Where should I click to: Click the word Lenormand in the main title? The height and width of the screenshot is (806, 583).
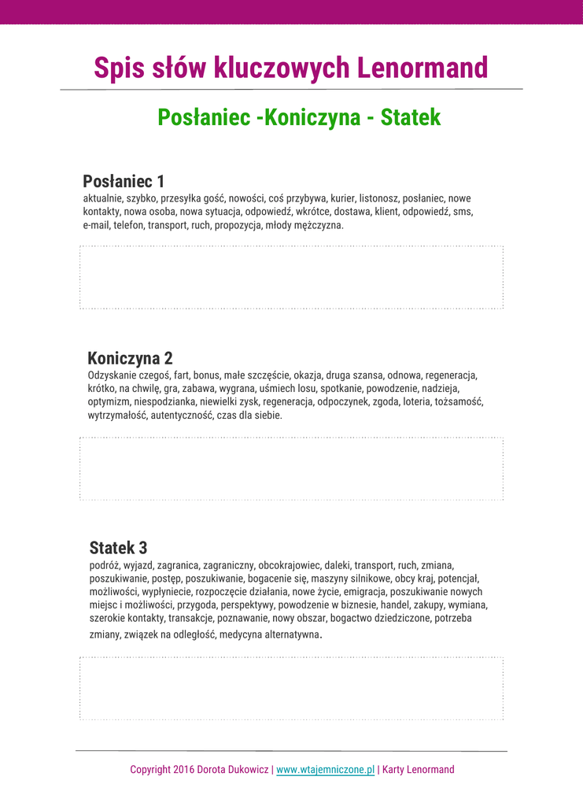click(x=422, y=68)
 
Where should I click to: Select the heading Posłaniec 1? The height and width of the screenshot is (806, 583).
click(x=124, y=181)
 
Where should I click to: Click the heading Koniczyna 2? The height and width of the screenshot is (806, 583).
click(x=130, y=359)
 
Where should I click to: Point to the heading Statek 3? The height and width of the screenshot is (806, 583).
click(x=118, y=548)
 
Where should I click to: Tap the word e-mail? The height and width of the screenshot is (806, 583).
click(x=97, y=225)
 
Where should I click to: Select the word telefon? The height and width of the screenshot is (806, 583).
click(x=129, y=225)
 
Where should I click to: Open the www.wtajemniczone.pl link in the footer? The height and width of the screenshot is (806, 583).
click(x=325, y=770)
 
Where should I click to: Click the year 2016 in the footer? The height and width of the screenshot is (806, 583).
click(x=185, y=770)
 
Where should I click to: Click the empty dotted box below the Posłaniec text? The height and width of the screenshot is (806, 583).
click(x=291, y=278)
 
